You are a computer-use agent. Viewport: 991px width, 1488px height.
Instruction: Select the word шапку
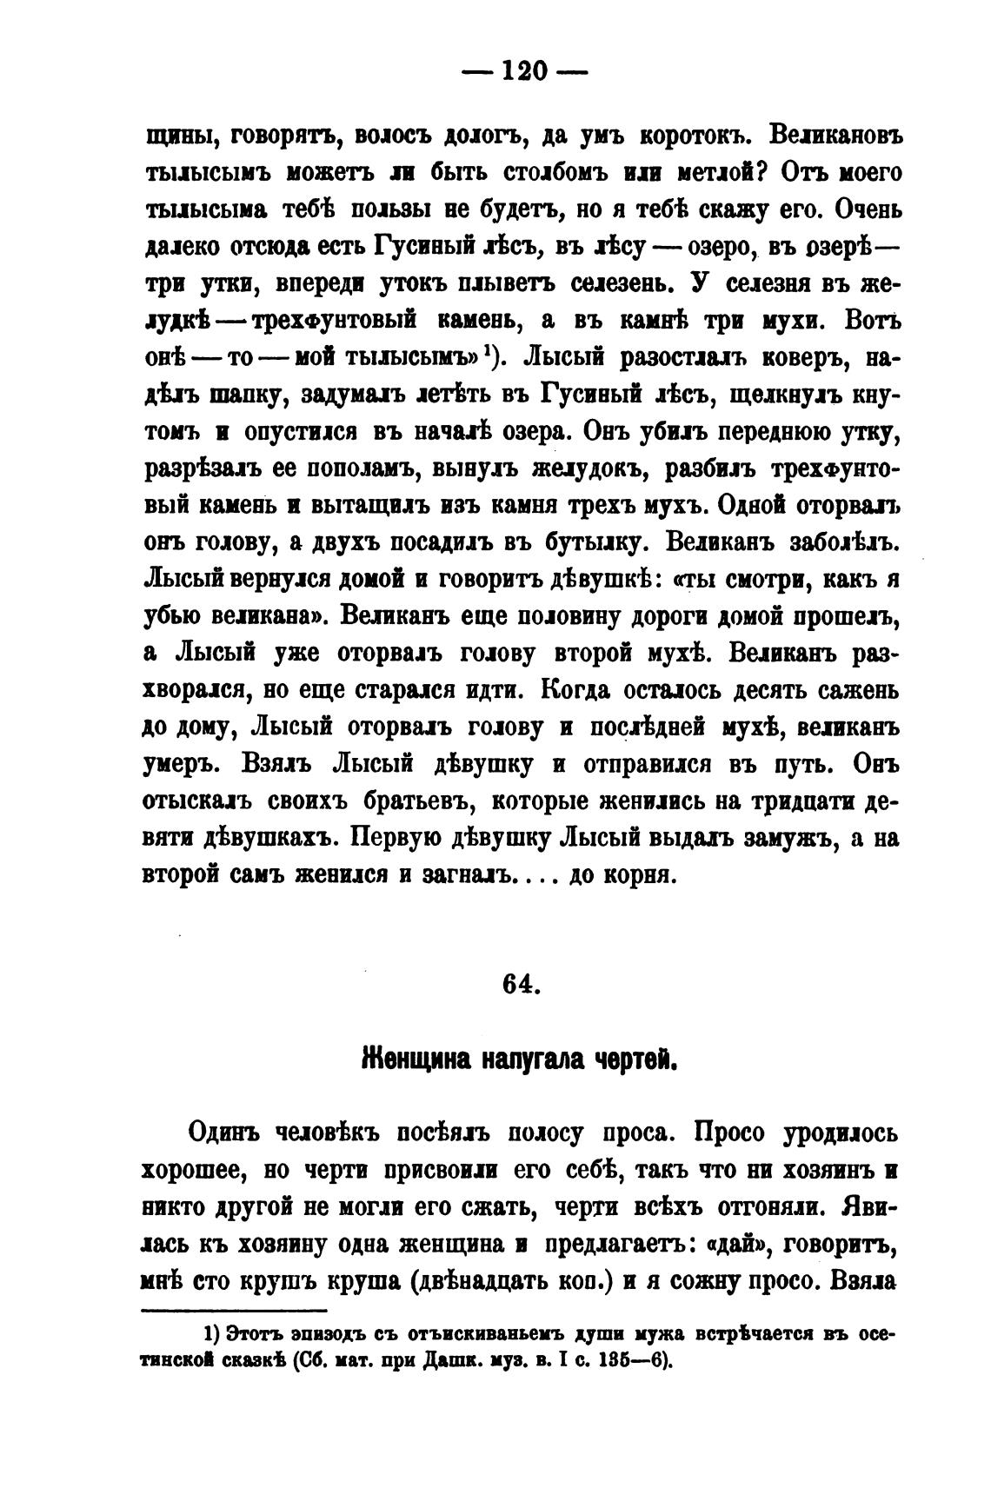point(249,395)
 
